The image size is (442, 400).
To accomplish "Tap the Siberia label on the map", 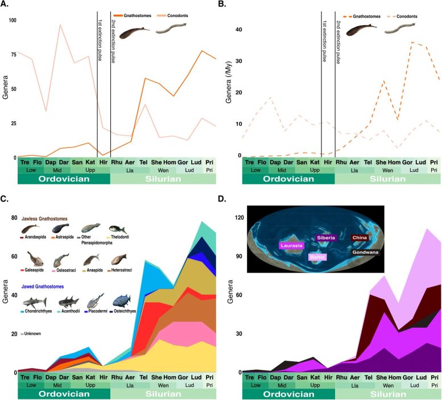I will click(x=327, y=237).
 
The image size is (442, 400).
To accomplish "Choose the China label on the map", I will click(x=360, y=237).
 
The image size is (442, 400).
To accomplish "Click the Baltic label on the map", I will click(x=318, y=257).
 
